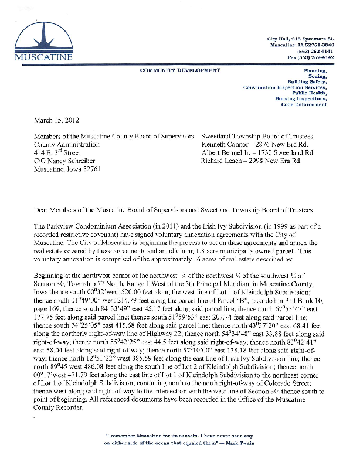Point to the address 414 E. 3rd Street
pos(59,152)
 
